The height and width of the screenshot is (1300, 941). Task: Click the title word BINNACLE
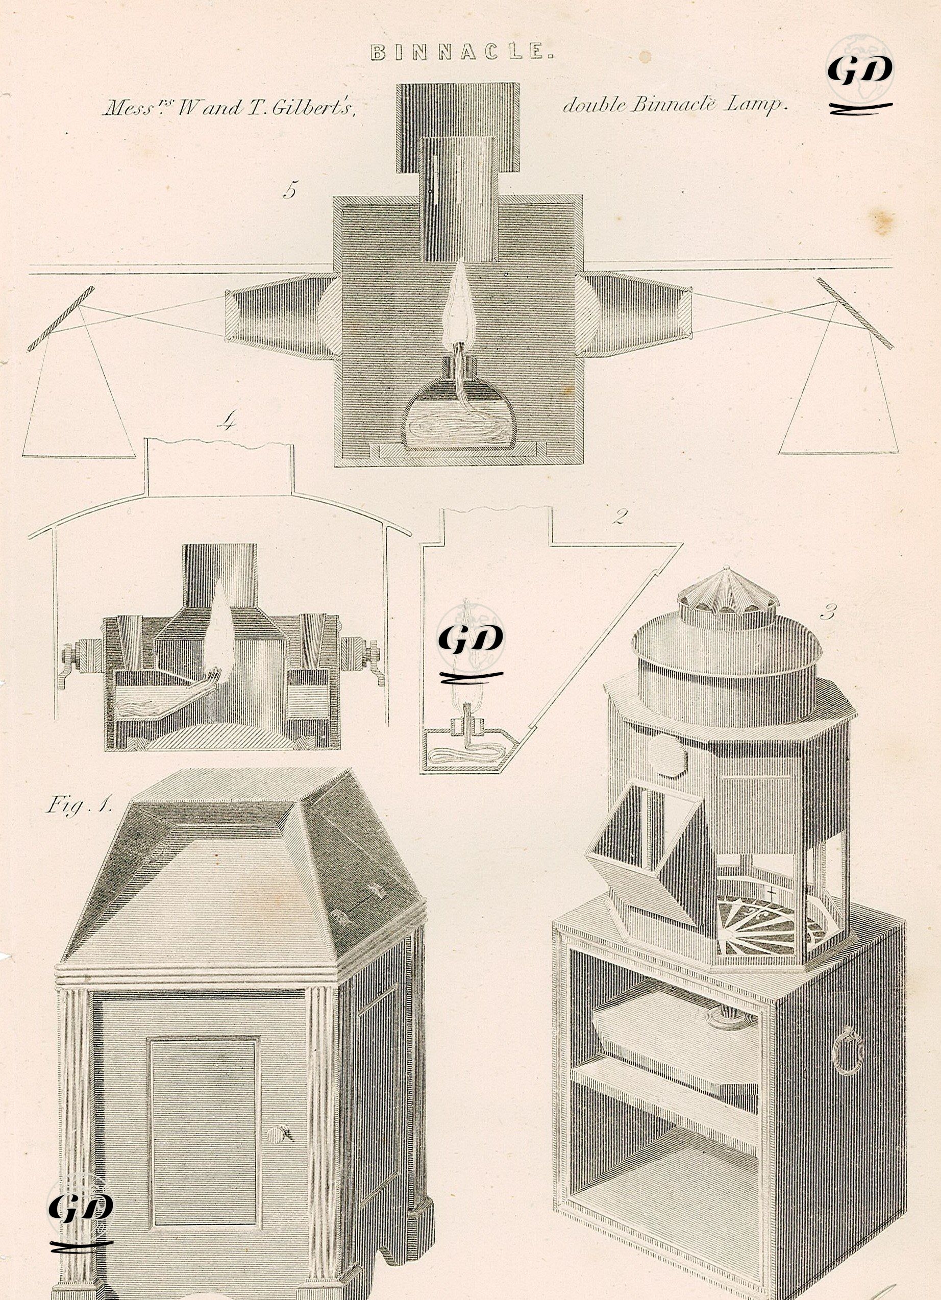[463, 53]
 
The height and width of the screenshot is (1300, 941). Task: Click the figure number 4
[228, 424]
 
